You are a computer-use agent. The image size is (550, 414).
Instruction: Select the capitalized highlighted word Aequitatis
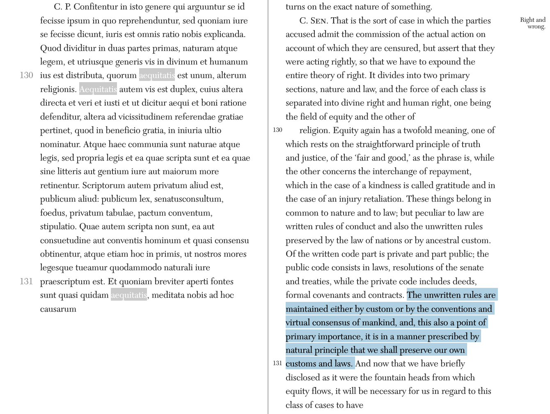[x=98, y=89]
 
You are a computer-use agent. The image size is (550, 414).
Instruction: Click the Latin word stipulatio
[x=58, y=227]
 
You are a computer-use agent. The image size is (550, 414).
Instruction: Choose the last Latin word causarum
[x=58, y=309]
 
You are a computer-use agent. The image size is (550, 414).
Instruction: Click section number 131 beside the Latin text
[x=26, y=281]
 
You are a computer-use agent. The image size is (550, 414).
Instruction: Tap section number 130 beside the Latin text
[x=26, y=75]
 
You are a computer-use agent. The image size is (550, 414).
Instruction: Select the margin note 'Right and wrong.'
[x=533, y=23]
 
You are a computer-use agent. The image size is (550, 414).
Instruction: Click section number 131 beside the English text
[x=277, y=363]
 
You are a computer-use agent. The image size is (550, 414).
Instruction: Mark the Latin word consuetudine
[x=66, y=241]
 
